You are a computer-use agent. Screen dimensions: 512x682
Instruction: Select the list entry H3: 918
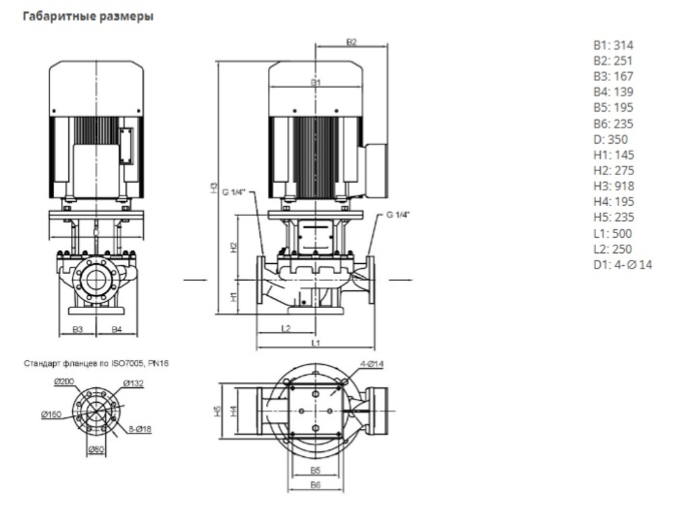[614, 186]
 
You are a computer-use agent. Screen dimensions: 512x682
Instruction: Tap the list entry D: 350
[609, 139]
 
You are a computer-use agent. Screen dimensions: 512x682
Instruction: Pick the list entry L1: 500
[613, 233]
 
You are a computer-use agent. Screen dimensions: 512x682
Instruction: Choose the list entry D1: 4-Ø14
[623, 265]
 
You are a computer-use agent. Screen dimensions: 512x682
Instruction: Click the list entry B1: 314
[613, 46]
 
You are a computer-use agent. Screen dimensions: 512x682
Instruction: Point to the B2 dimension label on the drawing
[351, 42]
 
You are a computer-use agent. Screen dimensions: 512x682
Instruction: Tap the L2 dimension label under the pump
[286, 328]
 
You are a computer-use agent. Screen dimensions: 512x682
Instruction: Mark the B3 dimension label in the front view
[78, 329]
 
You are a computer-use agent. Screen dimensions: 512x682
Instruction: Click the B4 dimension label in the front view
[117, 329]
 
